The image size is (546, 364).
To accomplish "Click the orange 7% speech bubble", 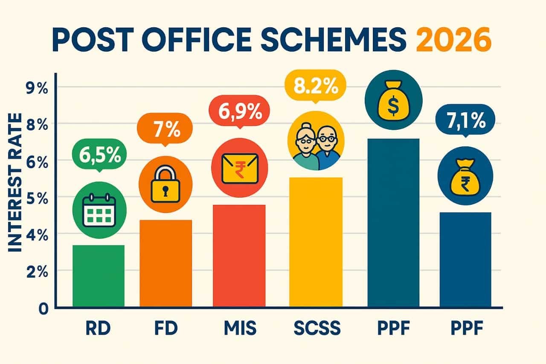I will [x=164, y=130].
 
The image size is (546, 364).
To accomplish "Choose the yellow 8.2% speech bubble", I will [x=316, y=87].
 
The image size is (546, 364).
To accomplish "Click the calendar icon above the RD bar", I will [x=99, y=210].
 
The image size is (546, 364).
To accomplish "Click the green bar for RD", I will [x=99, y=276].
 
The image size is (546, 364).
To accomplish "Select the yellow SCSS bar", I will [x=316, y=242].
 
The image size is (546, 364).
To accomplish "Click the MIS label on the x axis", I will [x=239, y=329].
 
